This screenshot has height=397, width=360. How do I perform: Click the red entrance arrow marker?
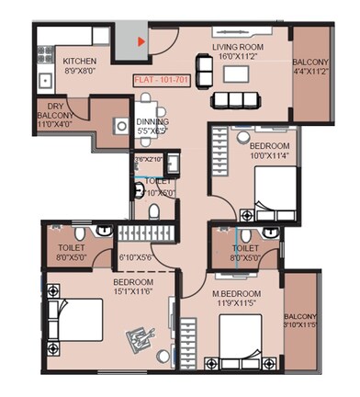pos(140,41)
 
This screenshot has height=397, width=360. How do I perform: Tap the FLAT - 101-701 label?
pos(163,80)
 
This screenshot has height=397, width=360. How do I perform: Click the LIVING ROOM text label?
pos(239,46)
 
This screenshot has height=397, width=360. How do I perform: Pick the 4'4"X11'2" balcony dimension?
pos(313,68)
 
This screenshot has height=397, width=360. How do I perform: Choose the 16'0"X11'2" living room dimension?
pos(239,56)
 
